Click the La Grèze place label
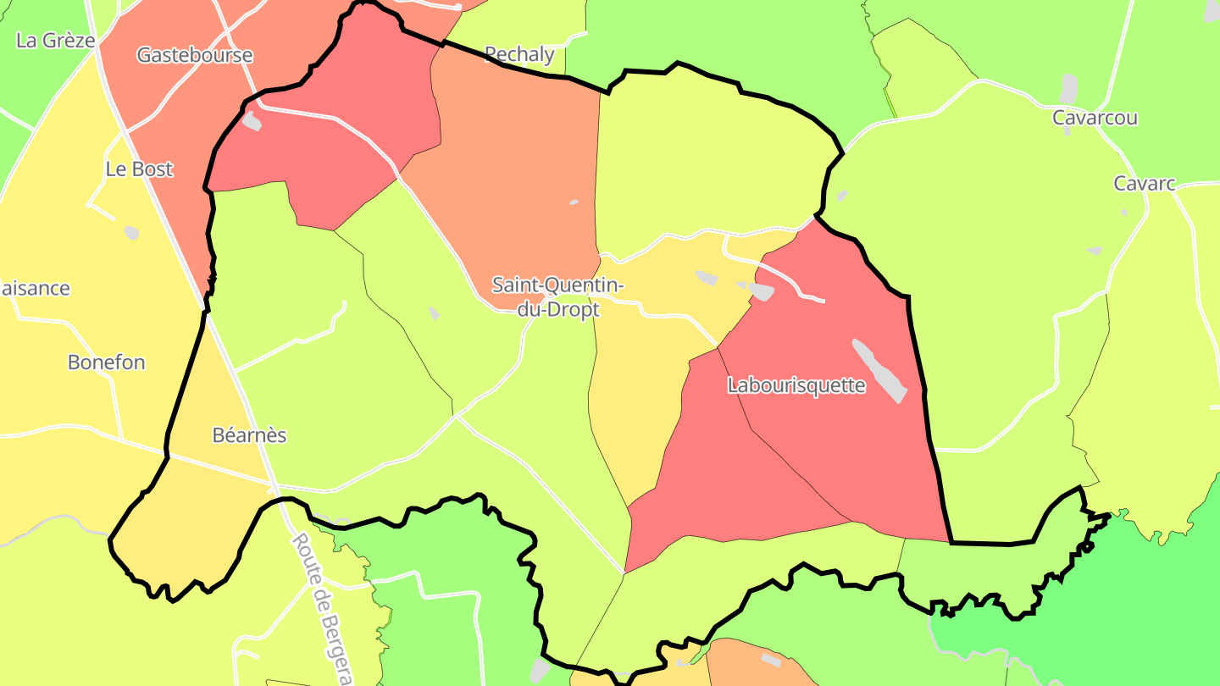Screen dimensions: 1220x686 point(56,40)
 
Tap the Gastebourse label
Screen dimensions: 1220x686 point(195,55)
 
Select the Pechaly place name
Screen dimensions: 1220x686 point(519,55)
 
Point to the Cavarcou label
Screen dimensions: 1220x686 point(1095,118)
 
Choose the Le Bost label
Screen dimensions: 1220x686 point(139,169)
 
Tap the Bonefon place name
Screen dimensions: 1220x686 point(107,362)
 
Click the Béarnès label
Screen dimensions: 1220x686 point(249,435)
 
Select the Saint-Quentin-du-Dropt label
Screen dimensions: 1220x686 point(558,297)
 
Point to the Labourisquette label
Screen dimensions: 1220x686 point(796,385)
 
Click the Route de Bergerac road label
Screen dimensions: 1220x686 point(323,608)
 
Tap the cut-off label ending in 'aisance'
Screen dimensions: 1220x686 point(36,288)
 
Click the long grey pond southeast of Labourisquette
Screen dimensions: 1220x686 point(879,370)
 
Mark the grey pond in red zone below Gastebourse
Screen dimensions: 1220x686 point(252,122)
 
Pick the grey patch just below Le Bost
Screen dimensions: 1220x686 point(131,232)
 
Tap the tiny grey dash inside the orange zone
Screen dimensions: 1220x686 point(574,202)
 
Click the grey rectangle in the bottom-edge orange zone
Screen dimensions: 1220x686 point(771,659)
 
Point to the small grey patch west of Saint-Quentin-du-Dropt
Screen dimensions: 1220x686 point(434,313)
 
